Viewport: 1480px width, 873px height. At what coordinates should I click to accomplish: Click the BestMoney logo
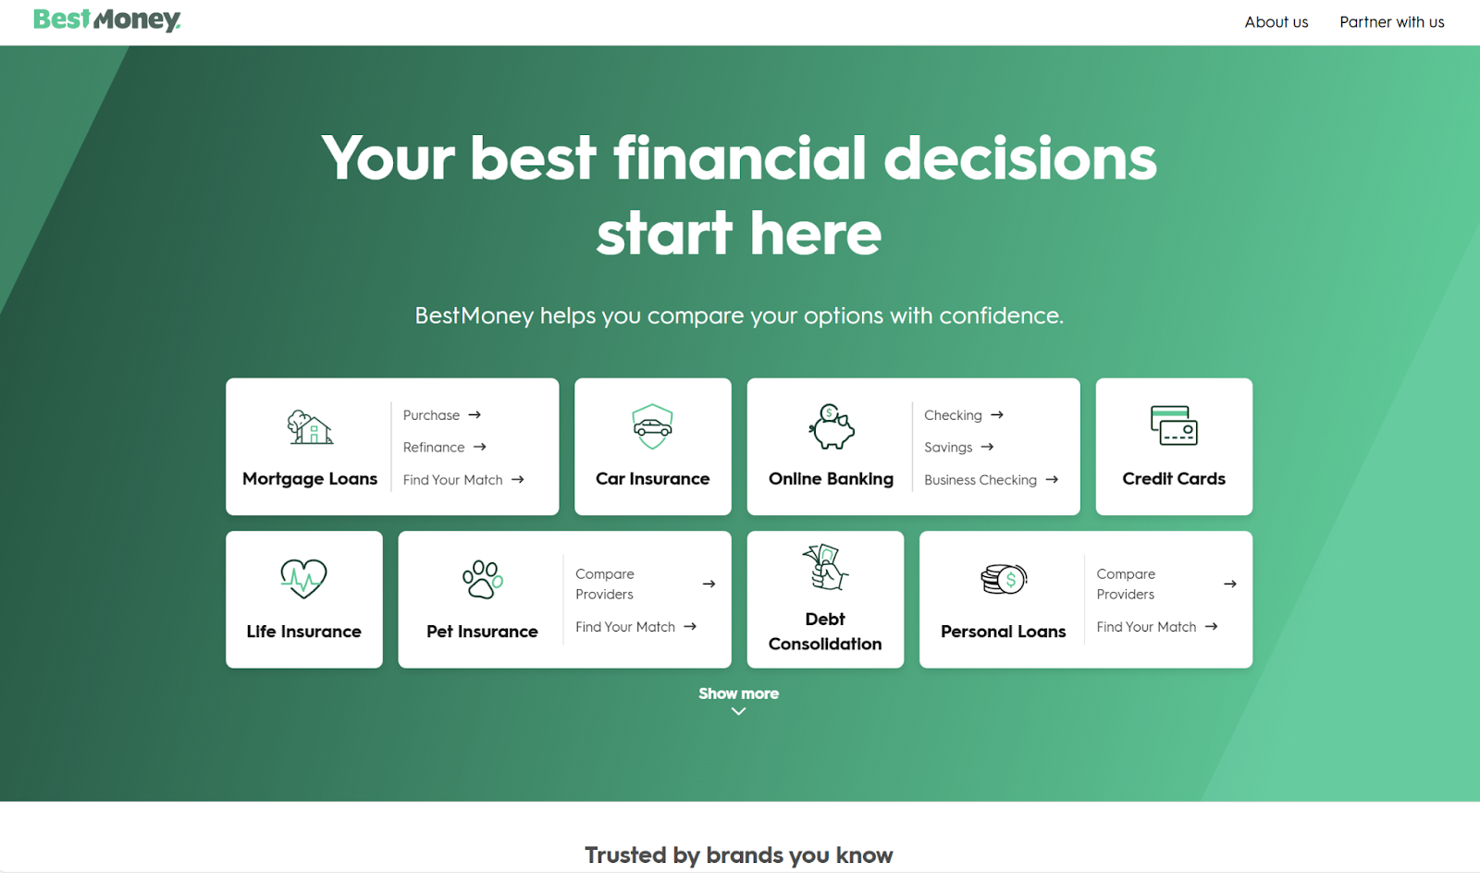pos(107,19)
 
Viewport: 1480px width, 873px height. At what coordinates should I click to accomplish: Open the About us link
pos(1276,22)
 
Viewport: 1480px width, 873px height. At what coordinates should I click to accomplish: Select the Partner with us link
pos(1391,22)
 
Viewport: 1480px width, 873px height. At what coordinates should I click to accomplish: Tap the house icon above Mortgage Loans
pos(310,427)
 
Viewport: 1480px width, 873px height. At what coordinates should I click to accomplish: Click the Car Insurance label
pos(652,479)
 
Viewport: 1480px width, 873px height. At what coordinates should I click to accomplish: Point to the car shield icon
pos(652,426)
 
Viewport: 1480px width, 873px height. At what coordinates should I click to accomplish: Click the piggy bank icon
pos(832,427)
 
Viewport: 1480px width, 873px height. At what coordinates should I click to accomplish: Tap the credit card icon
pos(1174,425)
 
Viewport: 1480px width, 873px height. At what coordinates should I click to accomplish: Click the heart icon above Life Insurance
pos(303,579)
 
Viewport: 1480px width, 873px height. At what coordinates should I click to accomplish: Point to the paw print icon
pos(482,580)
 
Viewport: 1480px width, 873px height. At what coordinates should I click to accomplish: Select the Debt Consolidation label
pos(825,632)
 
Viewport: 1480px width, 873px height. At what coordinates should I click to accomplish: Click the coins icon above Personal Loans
pos(1004,580)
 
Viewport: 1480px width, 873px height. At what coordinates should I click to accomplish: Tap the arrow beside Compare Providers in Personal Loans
pos(1229,584)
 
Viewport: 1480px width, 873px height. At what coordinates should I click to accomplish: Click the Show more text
pos(738,694)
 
